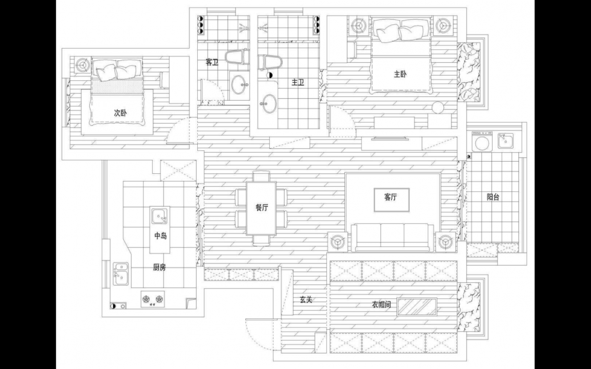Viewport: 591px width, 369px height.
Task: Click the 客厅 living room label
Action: click(x=391, y=196)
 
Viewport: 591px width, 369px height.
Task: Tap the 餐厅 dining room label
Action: click(x=261, y=207)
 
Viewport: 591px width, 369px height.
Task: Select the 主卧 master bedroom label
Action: click(x=400, y=74)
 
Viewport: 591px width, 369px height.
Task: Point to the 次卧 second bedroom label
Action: click(x=120, y=112)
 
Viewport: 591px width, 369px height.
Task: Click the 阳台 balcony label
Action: click(x=493, y=196)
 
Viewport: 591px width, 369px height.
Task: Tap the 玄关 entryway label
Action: click(x=306, y=300)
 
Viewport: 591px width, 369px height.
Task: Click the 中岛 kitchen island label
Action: click(x=160, y=236)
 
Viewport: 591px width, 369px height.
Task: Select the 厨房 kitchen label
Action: click(x=159, y=268)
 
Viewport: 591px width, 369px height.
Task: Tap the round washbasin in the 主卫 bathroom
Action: click(x=269, y=103)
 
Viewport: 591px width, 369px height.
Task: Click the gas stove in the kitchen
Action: click(x=154, y=299)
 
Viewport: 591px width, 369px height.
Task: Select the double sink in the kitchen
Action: click(x=121, y=274)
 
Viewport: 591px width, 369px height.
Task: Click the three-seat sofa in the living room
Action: click(x=393, y=237)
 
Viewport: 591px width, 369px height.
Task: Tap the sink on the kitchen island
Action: click(x=160, y=216)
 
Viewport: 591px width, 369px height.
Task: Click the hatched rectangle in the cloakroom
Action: click(x=417, y=307)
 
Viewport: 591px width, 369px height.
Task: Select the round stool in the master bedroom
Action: click(x=438, y=107)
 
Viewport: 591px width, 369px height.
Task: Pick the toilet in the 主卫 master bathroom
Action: click(x=268, y=62)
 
